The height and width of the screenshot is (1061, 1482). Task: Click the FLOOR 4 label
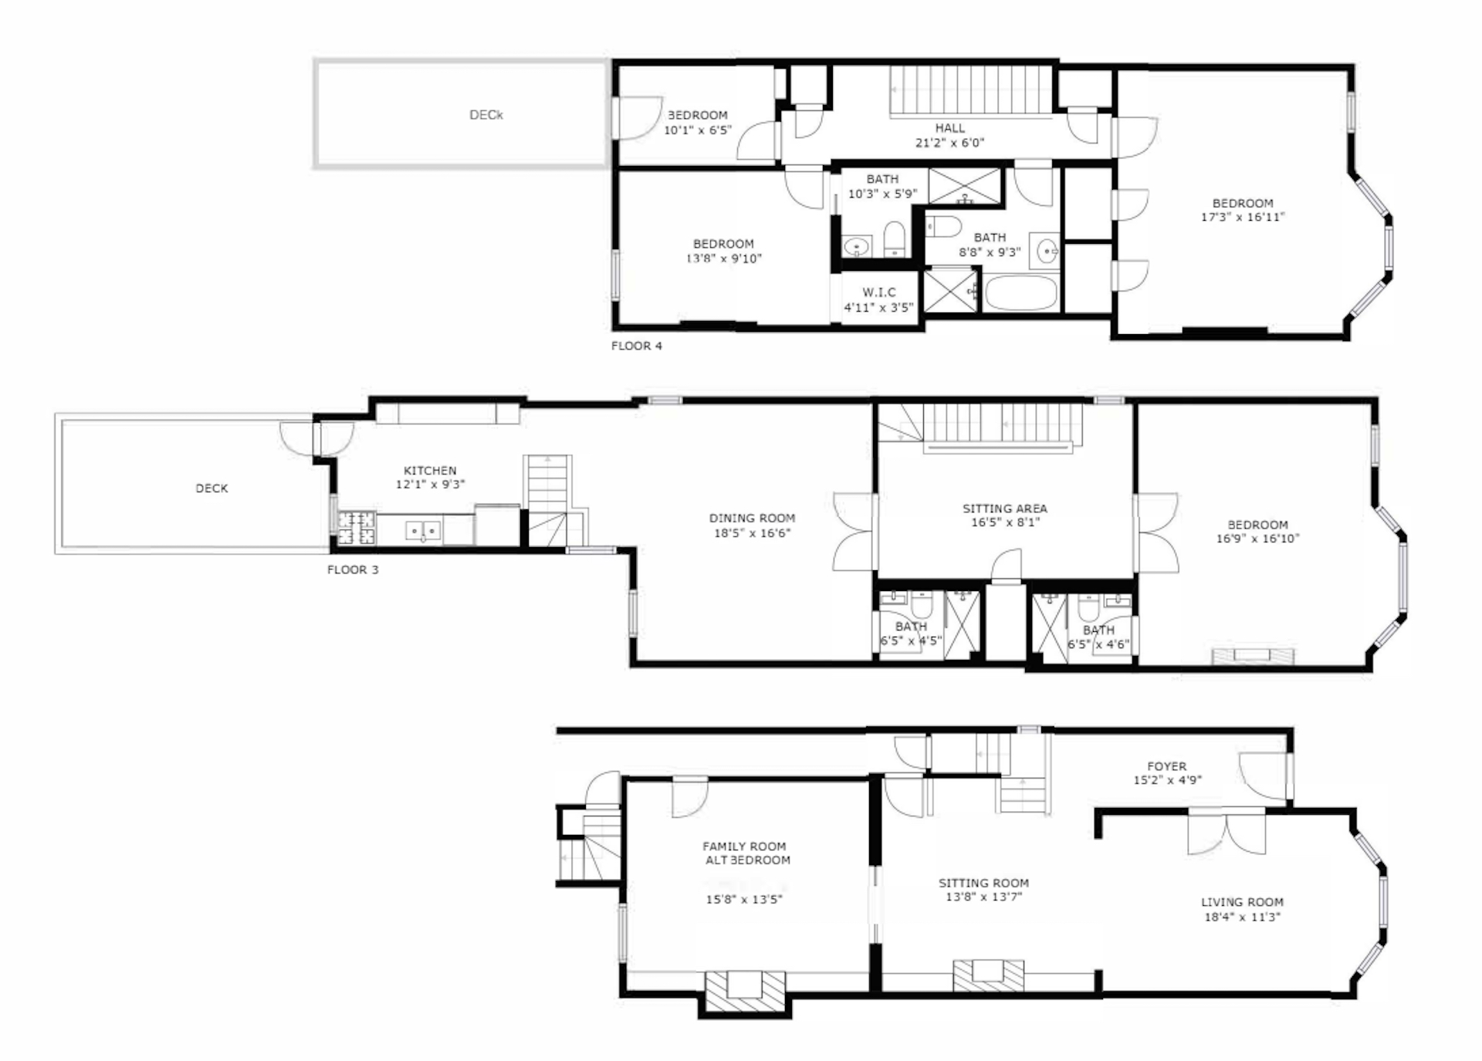[x=636, y=346]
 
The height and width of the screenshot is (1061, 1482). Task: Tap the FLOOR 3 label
[x=353, y=569]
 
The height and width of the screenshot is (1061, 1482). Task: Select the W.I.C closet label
[x=879, y=292]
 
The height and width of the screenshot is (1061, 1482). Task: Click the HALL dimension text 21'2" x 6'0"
[x=949, y=143]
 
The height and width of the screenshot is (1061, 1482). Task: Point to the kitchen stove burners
[x=357, y=528]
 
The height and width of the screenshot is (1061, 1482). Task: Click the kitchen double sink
[x=423, y=531]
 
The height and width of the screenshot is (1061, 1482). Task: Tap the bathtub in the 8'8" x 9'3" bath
[x=1020, y=294]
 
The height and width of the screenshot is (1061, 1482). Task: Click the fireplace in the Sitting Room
[x=989, y=975]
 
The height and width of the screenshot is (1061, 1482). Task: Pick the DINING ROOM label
[x=752, y=519]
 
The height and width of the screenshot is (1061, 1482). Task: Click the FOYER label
[x=1166, y=766]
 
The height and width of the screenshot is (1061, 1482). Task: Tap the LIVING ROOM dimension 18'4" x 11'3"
[x=1242, y=917]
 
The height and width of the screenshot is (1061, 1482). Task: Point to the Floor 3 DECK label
[x=211, y=488]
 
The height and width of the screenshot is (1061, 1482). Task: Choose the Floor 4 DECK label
[x=486, y=115]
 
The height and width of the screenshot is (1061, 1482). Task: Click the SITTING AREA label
[x=1004, y=509]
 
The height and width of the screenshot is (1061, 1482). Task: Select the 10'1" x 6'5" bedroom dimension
[x=697, y=130]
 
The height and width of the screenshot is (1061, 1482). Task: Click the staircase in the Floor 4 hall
[x=972, y=91]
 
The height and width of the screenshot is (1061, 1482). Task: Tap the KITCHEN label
[x=430, y=471]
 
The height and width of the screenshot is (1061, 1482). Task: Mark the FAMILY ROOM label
[x=744, y=846]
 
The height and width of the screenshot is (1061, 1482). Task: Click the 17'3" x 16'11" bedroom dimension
[x=1242, y=218]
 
